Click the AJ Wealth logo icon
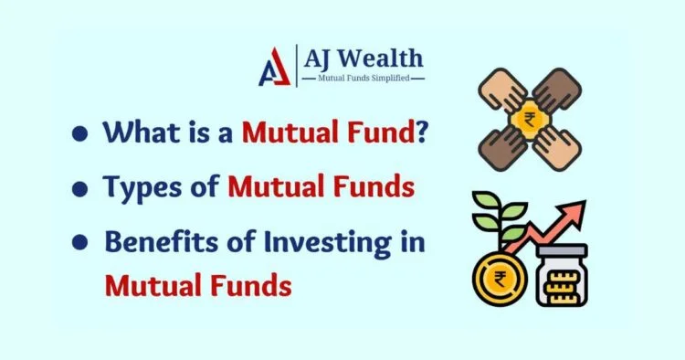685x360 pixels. [274, 66]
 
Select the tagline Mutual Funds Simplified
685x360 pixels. [370, 79]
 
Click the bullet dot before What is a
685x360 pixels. [80, 133]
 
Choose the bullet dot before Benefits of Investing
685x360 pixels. [80, 244]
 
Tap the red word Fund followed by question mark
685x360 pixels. [380, 132]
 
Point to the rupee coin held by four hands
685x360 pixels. [530, 120]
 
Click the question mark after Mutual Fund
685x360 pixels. [423, 132]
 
